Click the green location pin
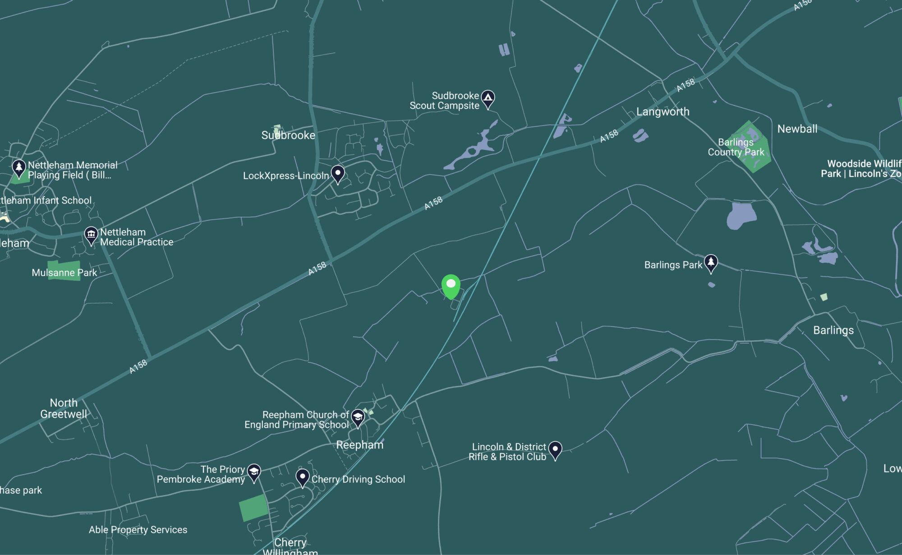[451, 286]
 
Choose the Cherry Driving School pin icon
[302, 477]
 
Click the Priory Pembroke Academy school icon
[254, 472]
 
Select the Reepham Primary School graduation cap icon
[358, 417]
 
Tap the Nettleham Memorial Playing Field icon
[19, 168]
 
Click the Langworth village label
[663, 111]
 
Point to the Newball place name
[797, 129]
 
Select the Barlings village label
[833, 330]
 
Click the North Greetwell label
[64, 408]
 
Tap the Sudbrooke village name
[288, 135]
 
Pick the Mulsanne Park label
[64, 273]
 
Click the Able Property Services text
[138, 530]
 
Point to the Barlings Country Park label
[736, 147]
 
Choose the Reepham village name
[359, 445]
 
